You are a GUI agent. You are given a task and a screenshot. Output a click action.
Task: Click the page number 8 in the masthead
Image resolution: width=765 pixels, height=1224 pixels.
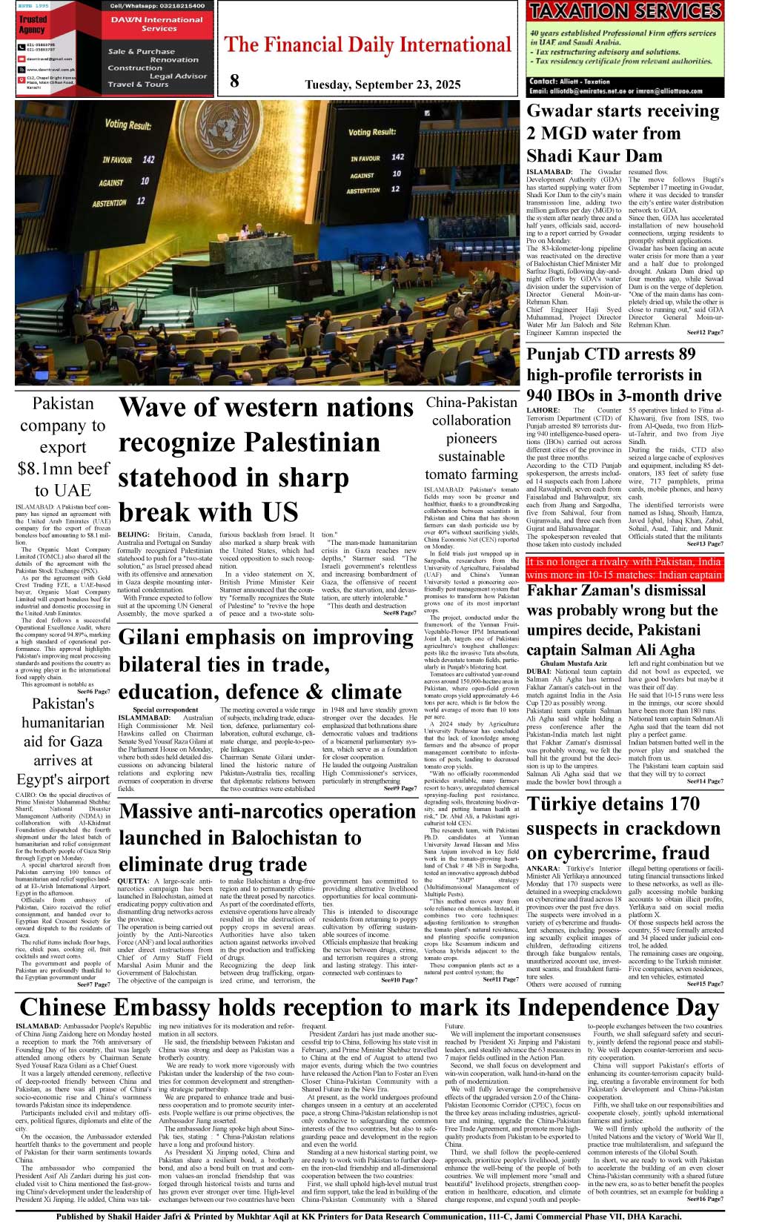point(234,81)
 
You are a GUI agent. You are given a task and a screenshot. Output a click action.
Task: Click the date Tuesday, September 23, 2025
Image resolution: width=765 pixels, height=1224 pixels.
point(382,84)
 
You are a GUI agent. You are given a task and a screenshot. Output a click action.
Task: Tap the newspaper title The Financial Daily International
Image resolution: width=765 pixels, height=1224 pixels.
point(368,45)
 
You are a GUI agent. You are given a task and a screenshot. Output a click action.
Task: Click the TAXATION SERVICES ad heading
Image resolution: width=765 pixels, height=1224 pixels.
point(625,11)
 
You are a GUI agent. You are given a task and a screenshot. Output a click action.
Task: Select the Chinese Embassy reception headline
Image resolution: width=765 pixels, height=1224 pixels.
point(369,1008)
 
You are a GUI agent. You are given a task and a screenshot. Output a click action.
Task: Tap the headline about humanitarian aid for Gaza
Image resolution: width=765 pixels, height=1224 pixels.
point(63,741)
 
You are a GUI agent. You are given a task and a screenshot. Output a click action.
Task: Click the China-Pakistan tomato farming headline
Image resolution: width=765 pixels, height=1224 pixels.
point(471,438)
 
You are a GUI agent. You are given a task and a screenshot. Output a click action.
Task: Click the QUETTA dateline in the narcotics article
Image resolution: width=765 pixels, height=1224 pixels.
point(133,881)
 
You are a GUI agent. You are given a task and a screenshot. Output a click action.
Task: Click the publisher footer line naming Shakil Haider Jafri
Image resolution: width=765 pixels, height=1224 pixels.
point(382,1217)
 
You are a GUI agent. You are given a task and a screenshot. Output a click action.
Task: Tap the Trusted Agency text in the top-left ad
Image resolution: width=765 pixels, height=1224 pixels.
point(33,24)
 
